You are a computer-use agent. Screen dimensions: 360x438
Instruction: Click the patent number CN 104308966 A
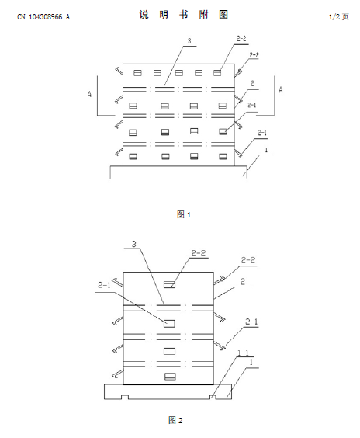(43, 17)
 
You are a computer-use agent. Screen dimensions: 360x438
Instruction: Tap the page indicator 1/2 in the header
(334, 17)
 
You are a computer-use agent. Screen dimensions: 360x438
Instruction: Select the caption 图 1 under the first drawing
(184, 214)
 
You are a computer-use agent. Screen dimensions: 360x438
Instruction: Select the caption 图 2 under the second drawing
(175, 420)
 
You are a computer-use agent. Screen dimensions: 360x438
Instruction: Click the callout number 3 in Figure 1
(189, 41)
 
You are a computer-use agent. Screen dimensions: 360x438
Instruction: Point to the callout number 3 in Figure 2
(134, 244)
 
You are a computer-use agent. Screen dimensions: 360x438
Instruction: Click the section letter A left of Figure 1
(89, 94)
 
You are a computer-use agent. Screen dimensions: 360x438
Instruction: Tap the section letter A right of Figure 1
(281, 89)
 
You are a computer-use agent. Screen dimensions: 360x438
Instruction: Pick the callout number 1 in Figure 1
(266, 150)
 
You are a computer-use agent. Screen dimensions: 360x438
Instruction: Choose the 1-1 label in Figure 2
(243, 353)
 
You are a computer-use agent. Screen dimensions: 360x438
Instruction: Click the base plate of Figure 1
(178, 172)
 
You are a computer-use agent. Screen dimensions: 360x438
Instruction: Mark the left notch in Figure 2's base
(125, 397)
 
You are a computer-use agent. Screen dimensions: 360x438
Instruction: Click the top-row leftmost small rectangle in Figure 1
(137, 73)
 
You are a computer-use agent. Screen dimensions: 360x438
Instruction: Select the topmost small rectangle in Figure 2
(169, 284)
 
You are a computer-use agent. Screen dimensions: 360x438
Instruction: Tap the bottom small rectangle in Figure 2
(170, 377)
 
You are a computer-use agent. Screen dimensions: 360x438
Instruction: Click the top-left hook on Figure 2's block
(117, 283)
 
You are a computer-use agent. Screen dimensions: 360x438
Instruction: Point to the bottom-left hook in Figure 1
(119, 151)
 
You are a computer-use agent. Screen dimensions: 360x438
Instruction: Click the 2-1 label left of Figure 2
(104, 285)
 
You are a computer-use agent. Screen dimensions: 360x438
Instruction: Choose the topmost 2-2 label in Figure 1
(241, 39)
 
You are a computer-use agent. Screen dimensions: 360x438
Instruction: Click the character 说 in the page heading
(144, 15)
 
